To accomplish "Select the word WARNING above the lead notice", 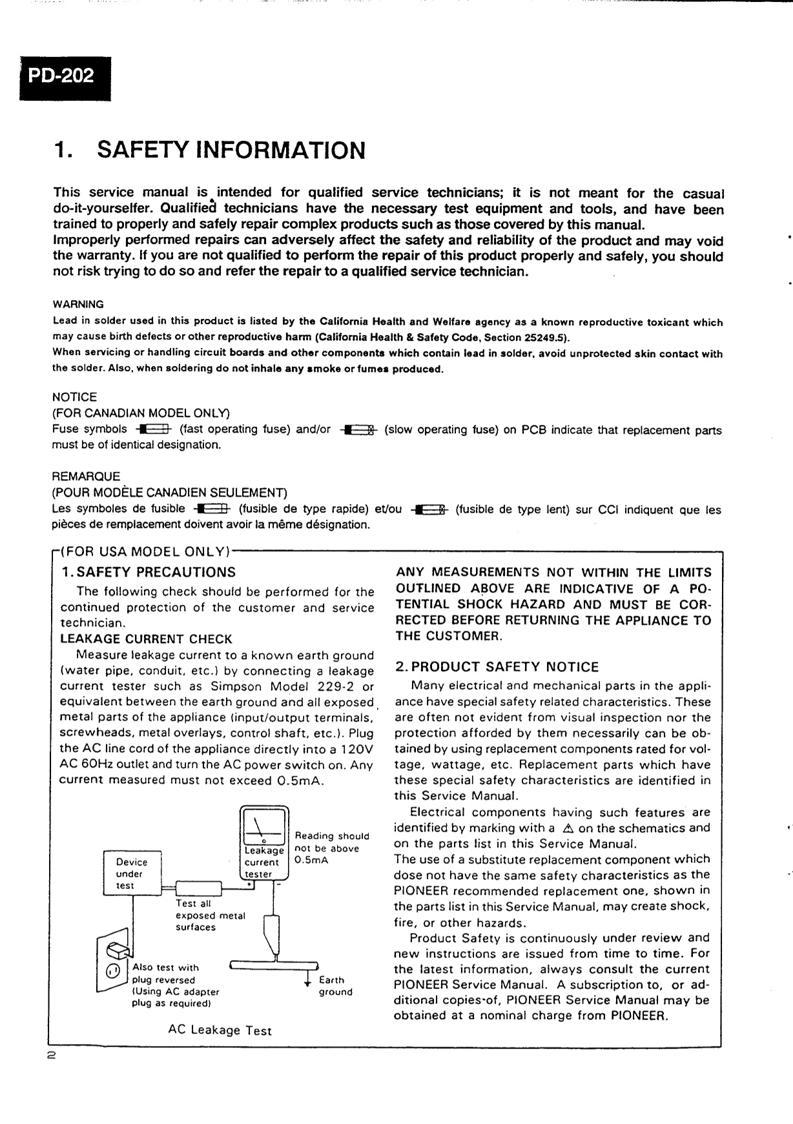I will (77, 304).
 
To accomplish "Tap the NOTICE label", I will (74, 397).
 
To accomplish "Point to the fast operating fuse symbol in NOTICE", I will (154, 429).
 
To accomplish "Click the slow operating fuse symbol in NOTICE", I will (358, 430).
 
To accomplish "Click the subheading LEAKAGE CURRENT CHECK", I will (146, 639).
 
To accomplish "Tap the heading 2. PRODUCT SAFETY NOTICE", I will (497, 667).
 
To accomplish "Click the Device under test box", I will (132, 874).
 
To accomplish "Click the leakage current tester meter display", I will (263, 827).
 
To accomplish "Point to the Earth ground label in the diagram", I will (335, 985).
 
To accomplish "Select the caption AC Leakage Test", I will (220, 1030).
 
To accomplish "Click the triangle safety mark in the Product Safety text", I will (568, 828).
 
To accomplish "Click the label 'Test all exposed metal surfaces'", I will (210, 915).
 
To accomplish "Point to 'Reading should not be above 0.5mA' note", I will (331, 848).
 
